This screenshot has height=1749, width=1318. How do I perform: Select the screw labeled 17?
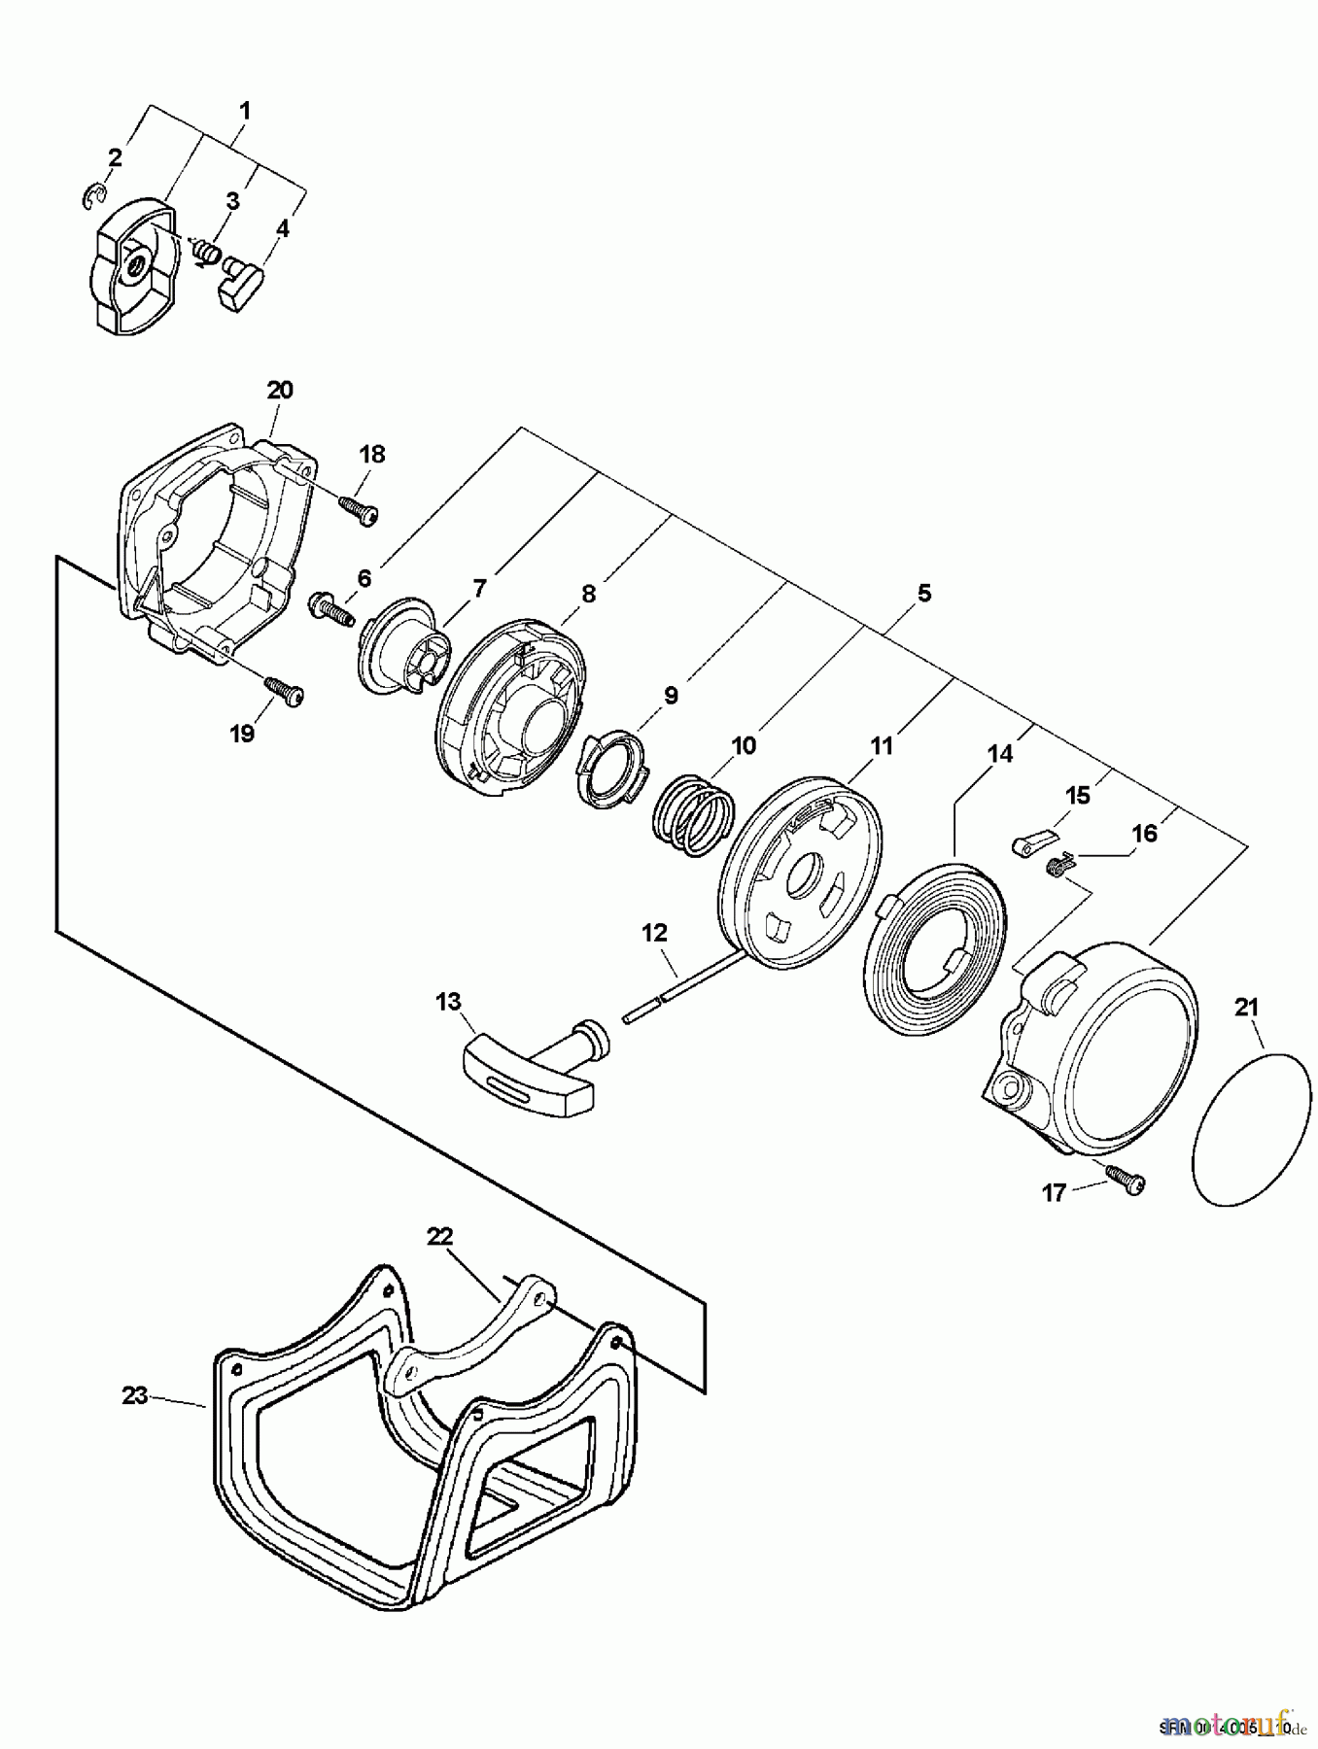(x=1128, y=1182)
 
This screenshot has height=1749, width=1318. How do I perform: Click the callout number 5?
(x=923, y=592)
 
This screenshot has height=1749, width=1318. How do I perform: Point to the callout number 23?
(x=134, y=1395)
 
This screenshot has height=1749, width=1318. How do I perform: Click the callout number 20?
(x=279, y=391)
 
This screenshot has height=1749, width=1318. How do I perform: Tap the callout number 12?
(x=654, y=933)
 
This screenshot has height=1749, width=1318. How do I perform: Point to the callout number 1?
(x=244, y=111)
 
